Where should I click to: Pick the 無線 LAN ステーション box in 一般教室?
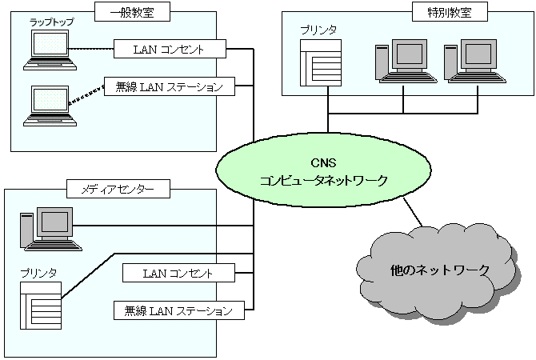(x=170, y=86)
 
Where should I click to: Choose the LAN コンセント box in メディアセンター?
(x=179, y=273)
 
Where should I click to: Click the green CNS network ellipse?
(x=323, y=171)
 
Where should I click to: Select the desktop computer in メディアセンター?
(x=48, y=228)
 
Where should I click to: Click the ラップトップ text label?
(x=51, y=22)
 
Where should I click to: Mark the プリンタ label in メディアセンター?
(x=38, y=274)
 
